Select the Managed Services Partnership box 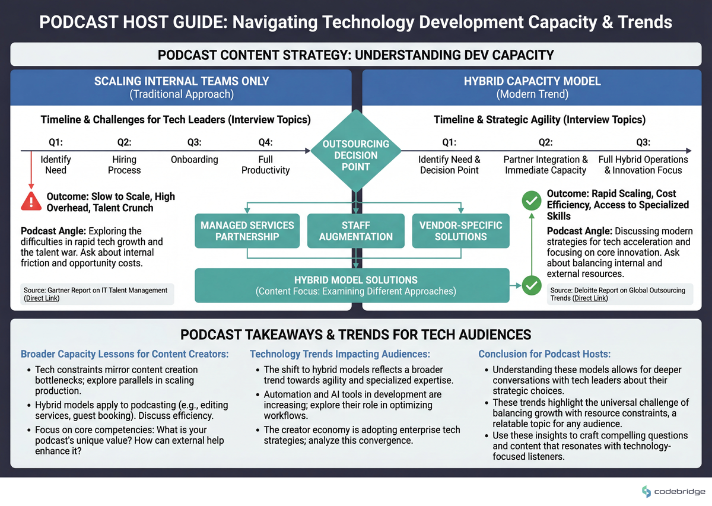(247, 231)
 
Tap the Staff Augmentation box (356, 231)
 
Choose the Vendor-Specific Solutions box (460, 231)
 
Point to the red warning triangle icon (30, 202)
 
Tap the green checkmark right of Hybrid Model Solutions (532, 285)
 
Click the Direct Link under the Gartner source (42, 298)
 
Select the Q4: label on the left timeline (265, 142)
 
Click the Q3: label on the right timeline (643, 142)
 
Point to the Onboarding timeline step (194, 160)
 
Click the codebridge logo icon (646, 491)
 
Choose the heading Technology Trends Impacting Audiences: (339, 354)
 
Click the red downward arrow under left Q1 (30, 172)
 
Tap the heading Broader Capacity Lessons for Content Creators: (125, 354)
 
